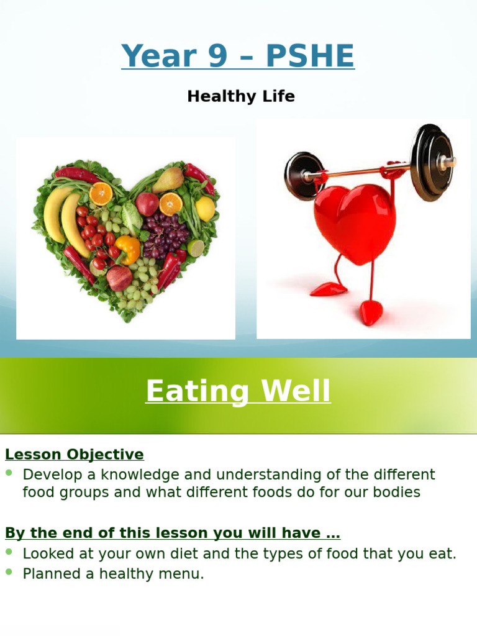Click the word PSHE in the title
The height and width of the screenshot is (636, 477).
[309, 57]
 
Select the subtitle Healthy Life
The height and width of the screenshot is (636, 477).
[241, 96]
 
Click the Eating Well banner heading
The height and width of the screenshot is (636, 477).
[238, 392]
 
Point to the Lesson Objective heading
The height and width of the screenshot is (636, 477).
[75, 455]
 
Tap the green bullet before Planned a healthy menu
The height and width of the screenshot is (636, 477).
[9, 572]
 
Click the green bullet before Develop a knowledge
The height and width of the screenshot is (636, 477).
[9, 473]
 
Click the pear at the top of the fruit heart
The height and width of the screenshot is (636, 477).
[168, 179]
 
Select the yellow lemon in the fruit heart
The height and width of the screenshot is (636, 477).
[204, 208]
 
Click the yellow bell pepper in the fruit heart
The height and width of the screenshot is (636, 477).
[128, 248]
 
